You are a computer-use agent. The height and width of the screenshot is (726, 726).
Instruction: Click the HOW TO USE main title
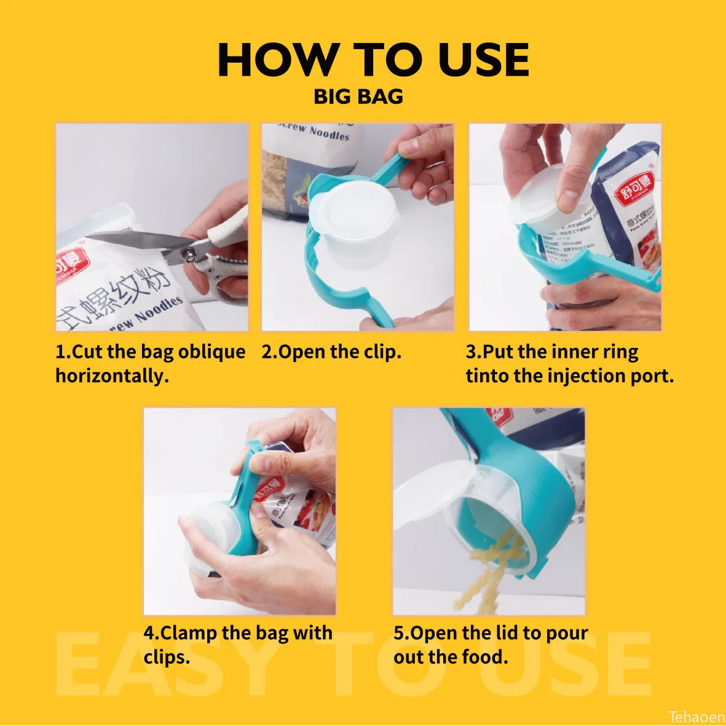373,60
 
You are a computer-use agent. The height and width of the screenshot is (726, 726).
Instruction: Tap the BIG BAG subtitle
358,97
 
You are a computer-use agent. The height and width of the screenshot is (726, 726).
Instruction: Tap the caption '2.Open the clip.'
331,352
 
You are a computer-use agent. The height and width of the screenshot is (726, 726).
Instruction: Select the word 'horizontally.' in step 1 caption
112,376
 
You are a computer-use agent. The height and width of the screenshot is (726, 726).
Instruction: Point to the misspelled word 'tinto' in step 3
487,376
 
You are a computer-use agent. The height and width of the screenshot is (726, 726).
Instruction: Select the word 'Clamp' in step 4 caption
186,633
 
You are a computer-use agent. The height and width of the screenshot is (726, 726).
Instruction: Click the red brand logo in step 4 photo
269,489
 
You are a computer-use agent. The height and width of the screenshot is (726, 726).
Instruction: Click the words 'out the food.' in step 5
451,657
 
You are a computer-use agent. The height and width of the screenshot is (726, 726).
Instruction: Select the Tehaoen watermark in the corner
696,717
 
